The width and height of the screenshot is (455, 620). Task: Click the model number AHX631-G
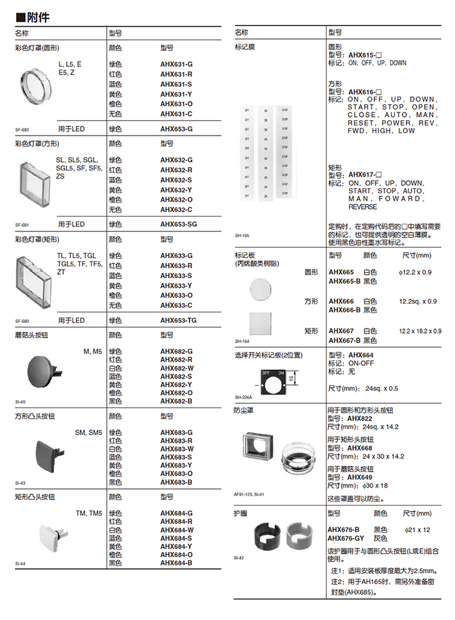click(176, 64)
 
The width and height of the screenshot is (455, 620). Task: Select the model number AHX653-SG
click(178, 224)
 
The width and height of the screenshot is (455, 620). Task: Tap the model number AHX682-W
click(177, 368)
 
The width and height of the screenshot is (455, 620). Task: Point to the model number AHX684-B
click(176, 563)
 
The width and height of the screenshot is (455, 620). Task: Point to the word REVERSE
click(363, 207)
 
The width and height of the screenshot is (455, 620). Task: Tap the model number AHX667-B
click(345, 340)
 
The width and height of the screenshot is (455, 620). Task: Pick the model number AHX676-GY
click(346, 538)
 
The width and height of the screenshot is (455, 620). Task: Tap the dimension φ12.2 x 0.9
click(416, 272)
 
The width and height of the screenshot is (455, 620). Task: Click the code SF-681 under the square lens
click(22, 224)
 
